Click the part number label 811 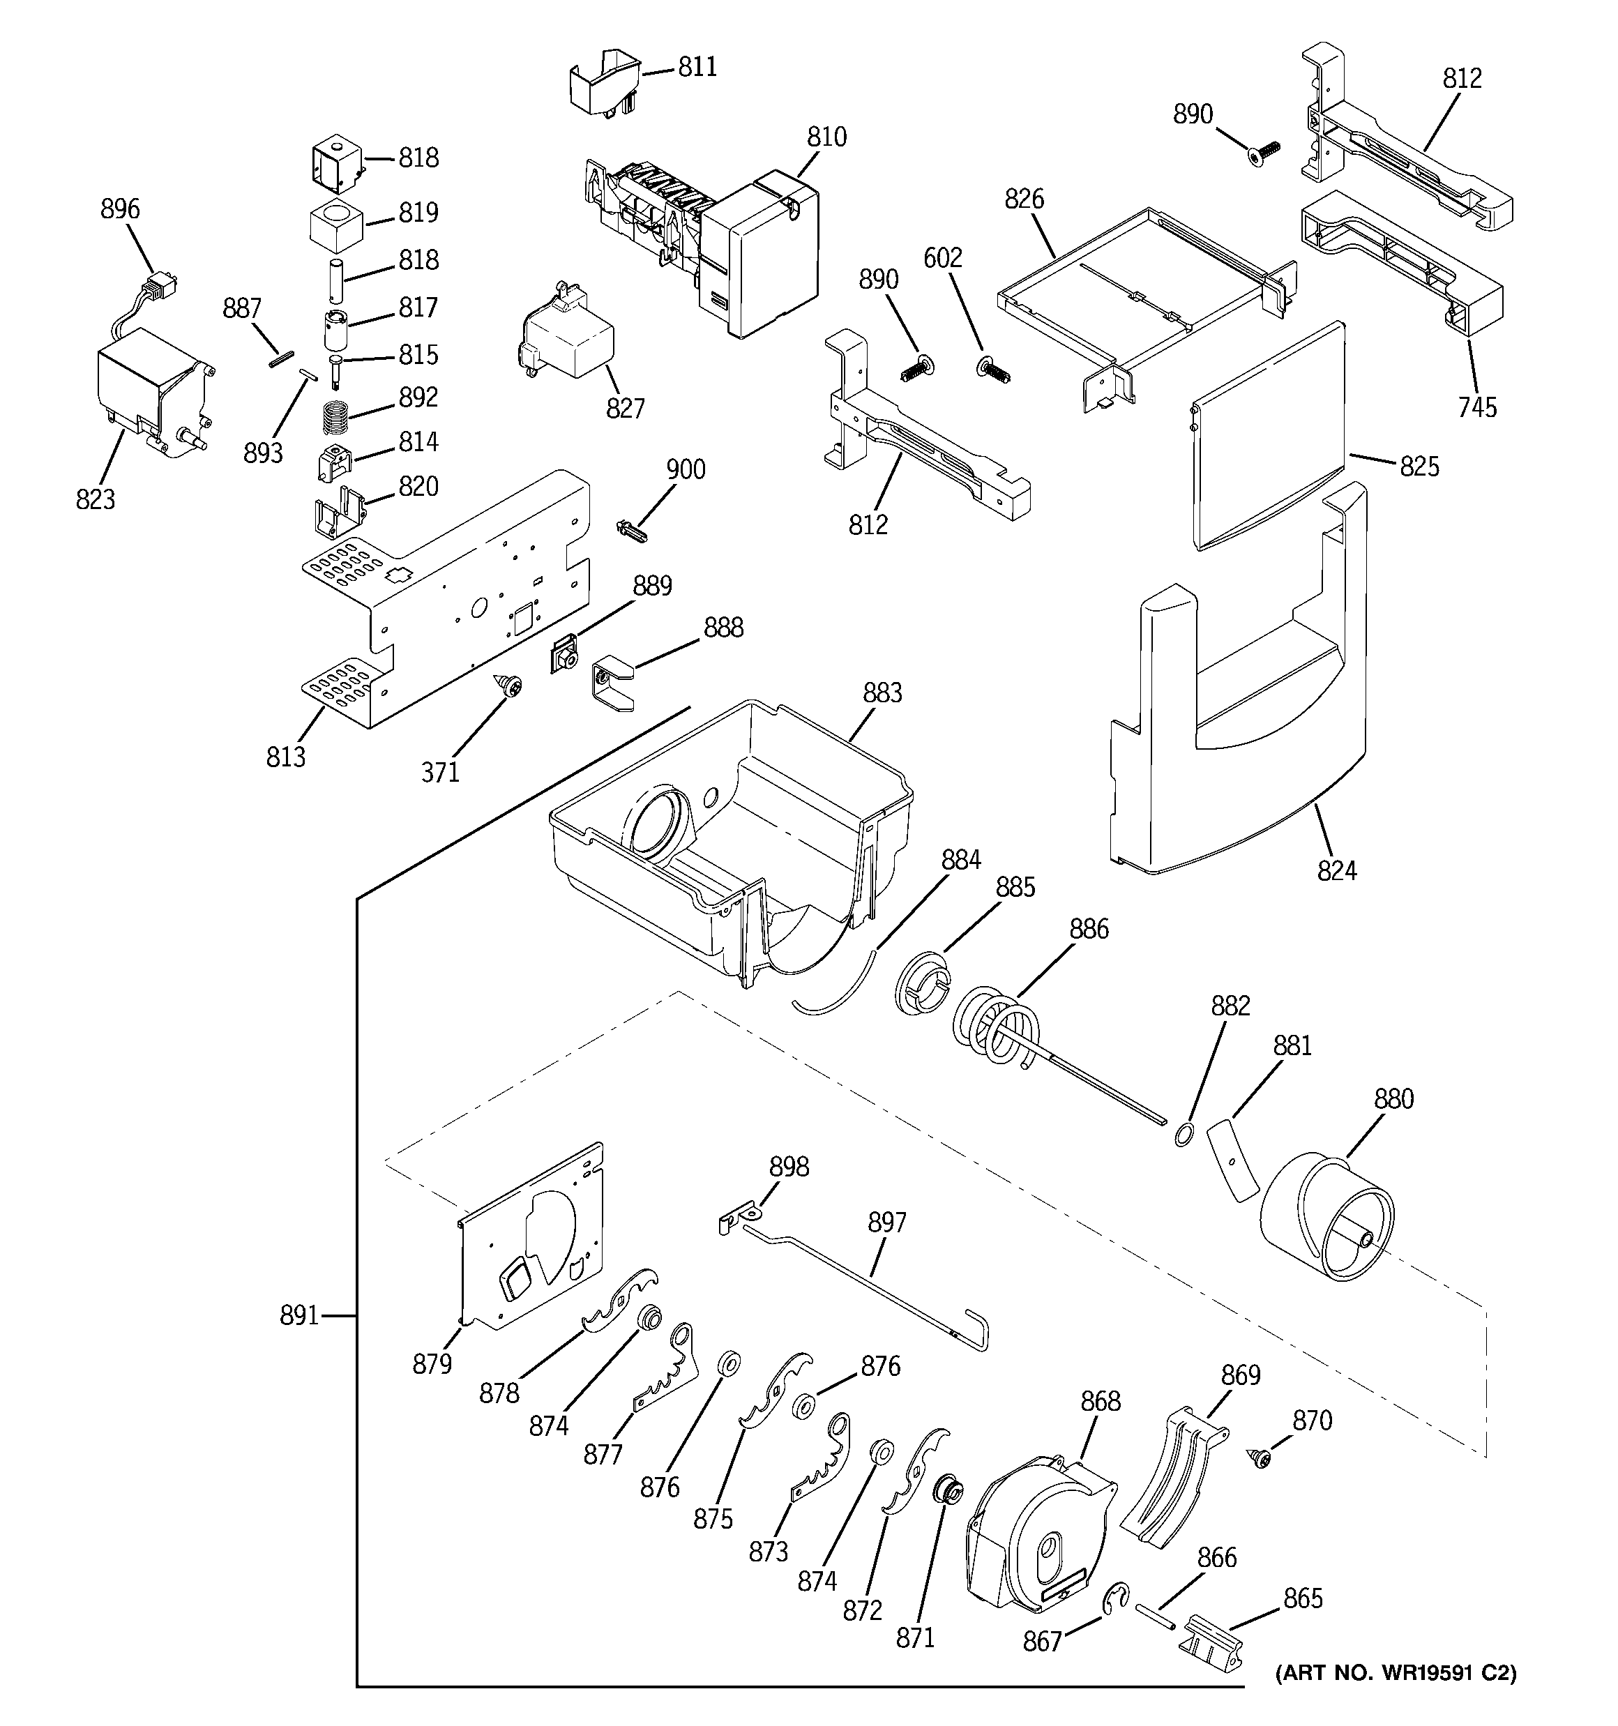click(697, 67)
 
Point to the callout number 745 click(1477, 407)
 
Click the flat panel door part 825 click(1268, 434)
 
